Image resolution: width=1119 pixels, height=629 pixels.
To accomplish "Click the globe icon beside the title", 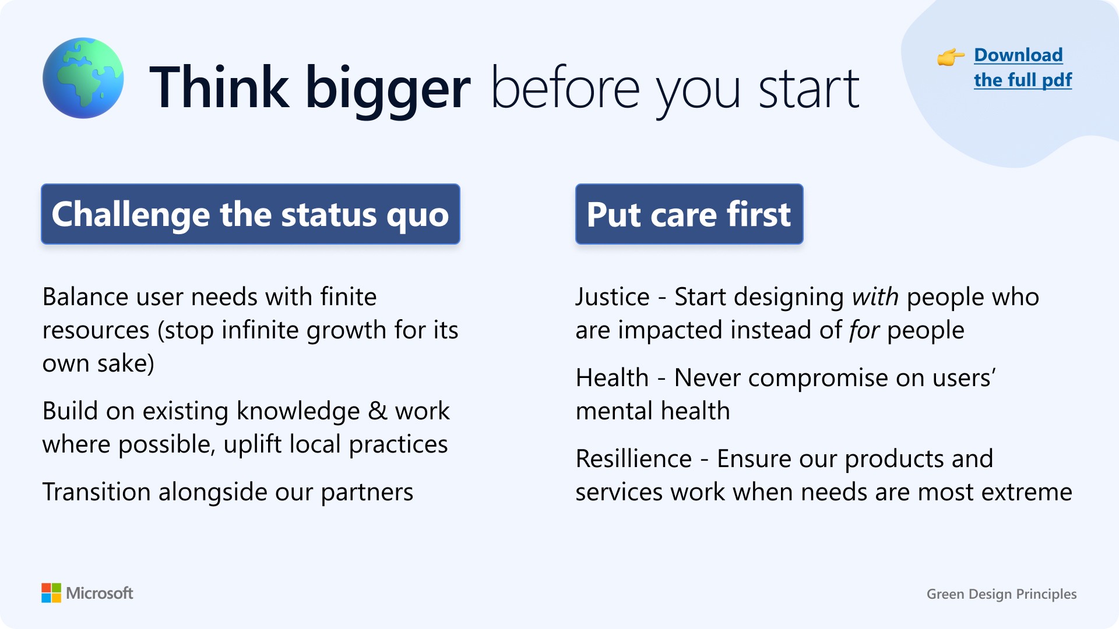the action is pyautogui.click(x=83, y=78).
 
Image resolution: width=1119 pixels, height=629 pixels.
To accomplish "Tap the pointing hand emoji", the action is pyautogui.click(x=951, y=57).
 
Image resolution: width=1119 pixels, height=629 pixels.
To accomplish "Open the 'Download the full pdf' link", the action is pyautogui.click(x=1023, y=68).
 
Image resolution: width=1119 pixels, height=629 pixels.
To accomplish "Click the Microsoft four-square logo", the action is pyautogui.click(x=51, y=593).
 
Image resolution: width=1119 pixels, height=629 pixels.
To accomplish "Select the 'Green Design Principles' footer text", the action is pyautogui.click(x=1001, y=594).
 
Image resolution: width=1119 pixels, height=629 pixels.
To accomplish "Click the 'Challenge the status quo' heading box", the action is pyautogui.click(x=251, y=214).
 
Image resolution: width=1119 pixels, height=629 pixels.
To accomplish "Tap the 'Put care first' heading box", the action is pyautogui.click(x=689, y=214).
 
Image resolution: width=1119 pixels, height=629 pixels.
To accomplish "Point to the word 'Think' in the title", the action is pyautogui.click(x=219, y=87).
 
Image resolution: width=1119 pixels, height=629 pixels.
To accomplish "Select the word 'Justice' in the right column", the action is pyautogui.click(x=613, y=297).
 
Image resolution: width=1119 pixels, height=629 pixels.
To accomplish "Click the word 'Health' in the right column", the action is pyautogui.click(x=612, y=377).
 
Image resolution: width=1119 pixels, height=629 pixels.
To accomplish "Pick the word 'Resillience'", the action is pyautogui.click(x=634, y=458).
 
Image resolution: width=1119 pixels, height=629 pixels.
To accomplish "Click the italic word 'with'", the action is pyautogui.click(x=875, y=297).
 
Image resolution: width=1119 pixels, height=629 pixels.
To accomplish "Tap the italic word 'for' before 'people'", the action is pyautogui.click(x=864, y=330).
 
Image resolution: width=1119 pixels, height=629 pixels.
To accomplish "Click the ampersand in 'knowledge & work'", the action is pyautogui.click(x=377, y=411).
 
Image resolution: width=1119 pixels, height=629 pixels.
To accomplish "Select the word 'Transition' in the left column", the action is pyautogui.click(x=97, y=492).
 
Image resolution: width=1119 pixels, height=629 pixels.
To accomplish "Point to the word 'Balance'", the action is pyautogui.click(x=85, y=297).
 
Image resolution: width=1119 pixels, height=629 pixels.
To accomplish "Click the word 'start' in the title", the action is pyautogui.click(x=809, y=89).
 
